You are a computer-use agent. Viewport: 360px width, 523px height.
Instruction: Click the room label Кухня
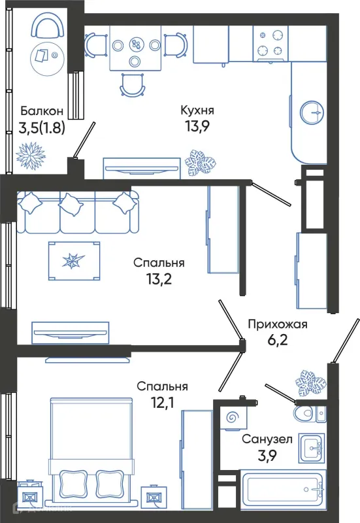[x=198, y=109]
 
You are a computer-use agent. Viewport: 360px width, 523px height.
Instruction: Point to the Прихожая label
[x=276, y=324]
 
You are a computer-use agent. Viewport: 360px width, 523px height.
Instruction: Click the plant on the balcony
[x=30, y=155]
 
